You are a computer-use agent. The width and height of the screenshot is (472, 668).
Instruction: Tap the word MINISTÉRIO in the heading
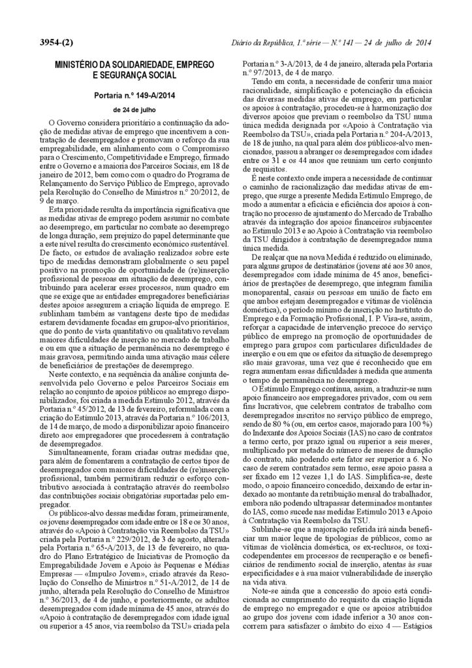click(x=70, y=65)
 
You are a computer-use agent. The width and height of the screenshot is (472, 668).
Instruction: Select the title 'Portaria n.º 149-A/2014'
click(x=134, y=95)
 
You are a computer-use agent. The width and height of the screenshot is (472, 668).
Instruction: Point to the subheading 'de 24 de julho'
click(x=134, y=110)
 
